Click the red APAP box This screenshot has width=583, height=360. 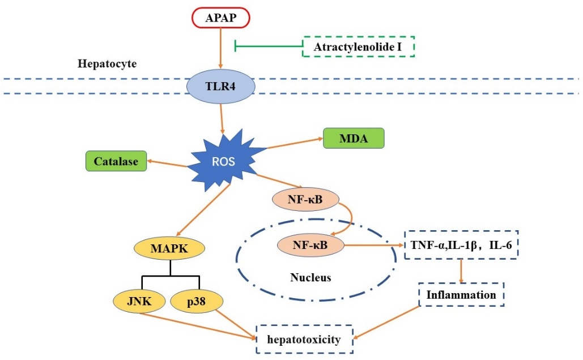click(220, 19)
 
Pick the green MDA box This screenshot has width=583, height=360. click(354, 138)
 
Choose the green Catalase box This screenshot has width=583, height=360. click(116, 161)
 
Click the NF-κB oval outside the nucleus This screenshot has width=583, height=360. click(305, 200)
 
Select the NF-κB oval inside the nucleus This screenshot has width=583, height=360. click(310, 245)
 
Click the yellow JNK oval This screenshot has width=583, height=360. click(139, 301)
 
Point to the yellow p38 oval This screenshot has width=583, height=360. click(195, 302)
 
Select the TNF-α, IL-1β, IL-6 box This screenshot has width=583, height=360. click(461, 245)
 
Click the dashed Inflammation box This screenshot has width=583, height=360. click(461, 295)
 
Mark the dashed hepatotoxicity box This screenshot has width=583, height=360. click(305, 339)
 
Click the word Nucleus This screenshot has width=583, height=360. click(310, 278)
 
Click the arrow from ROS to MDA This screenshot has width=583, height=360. click(295, 143)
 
